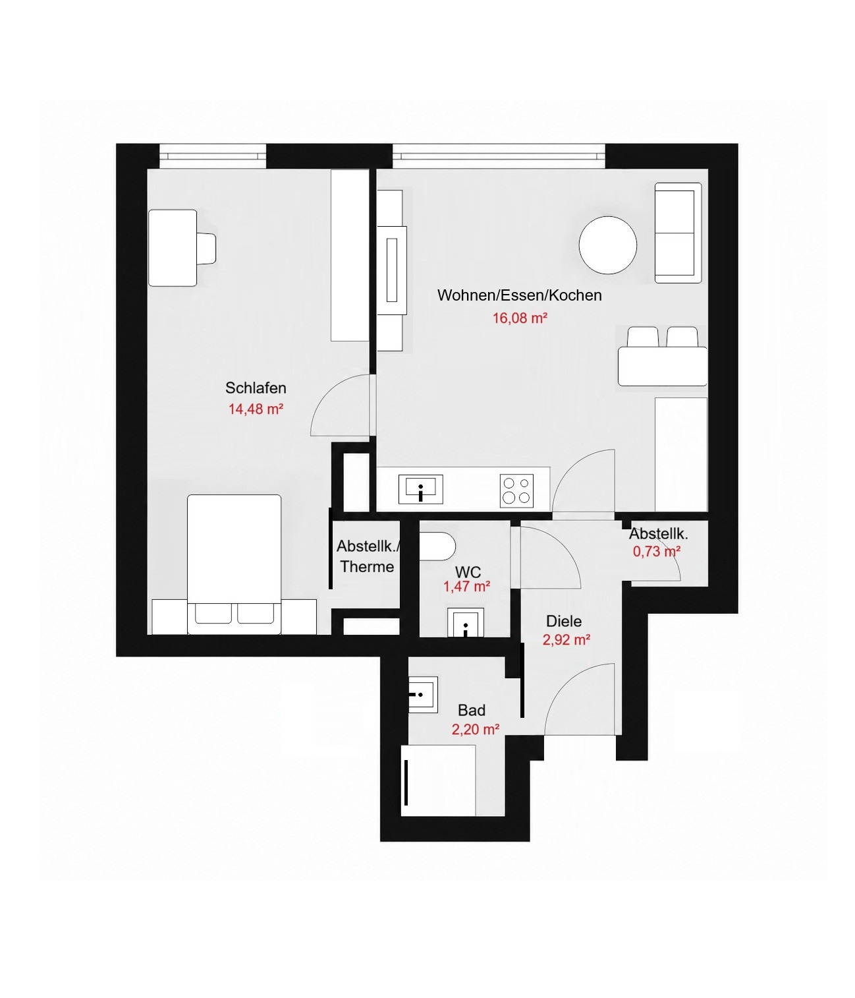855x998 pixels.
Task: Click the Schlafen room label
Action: [x=256, y=388]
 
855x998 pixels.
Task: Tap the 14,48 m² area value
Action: [x=255, y=409]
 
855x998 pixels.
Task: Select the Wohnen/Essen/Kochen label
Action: [x=520, y=295]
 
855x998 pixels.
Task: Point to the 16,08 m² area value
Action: [x=520, y=318]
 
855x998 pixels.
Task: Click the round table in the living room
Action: [x=608, y=245]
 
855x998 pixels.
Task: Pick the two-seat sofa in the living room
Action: [x=678, y=233]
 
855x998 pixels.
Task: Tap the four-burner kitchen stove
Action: [x=517, y=491]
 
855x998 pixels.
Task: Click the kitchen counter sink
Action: [x=421, y=489]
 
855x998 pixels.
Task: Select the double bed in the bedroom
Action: [x=234, y=564]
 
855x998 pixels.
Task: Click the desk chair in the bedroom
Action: [x=207, y=248]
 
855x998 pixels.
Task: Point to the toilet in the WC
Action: [x=437, y=546]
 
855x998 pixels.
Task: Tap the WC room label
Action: [x=468, y=572]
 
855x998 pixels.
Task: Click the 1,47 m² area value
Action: [x=467, y=586]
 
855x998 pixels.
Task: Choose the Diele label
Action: [x=564, y=621]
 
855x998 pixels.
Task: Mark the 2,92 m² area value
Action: [x=566, y=640]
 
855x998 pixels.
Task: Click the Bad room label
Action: [x=472, y=710]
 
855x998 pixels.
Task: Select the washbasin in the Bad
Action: [x=423, y=695]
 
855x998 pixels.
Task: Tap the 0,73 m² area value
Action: [x=657, y=551]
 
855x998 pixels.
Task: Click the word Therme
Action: [x=367, y=566]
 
